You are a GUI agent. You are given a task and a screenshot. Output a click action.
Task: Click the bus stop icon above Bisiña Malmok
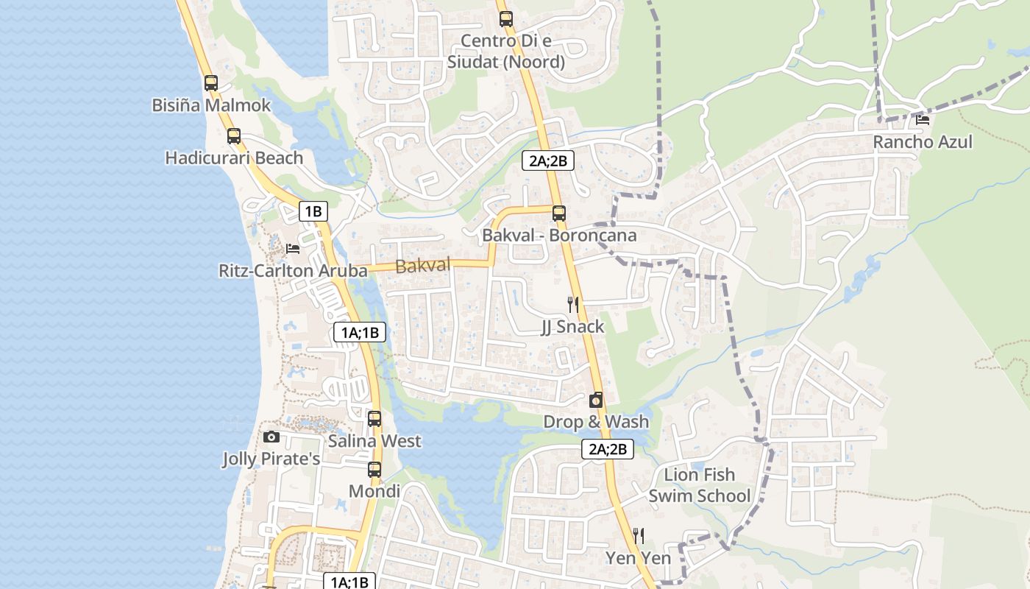point(211,82)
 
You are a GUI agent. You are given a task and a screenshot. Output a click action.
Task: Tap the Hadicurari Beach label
point(234,158)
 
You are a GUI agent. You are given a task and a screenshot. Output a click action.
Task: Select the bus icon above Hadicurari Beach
point(234,135)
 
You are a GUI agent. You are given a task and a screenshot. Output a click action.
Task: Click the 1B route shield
point(313,212)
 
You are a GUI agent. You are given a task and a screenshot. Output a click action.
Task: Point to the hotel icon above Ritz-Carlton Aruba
point(293,249)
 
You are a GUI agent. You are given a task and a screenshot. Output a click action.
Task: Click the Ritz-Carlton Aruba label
point(293,271)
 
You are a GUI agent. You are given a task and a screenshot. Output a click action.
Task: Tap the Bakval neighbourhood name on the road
point(423,266)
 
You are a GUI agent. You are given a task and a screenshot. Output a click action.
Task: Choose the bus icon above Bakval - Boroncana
point(559,214)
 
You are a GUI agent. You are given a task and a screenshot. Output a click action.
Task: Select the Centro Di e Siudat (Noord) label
point(506,51)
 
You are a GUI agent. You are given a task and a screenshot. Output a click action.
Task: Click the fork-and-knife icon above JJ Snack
point(573,304)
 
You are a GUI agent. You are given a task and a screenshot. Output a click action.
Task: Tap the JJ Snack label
point(573,326)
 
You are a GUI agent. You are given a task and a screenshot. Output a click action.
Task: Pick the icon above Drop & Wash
point(596,400)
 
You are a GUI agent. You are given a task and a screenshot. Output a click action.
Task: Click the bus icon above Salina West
point(374,419)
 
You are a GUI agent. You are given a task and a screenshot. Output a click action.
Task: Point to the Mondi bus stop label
point(374,491)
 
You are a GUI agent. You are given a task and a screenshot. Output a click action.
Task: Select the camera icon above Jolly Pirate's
point(271,437)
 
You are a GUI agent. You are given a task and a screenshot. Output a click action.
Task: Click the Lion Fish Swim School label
point(700,485)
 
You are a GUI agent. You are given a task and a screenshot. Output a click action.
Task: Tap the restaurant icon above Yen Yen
point(639,535)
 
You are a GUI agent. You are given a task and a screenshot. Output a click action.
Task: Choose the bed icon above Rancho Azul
point(923,119)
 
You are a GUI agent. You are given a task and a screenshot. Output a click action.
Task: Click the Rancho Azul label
point(923,141)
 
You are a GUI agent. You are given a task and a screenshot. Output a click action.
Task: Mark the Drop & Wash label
point(596,422)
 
